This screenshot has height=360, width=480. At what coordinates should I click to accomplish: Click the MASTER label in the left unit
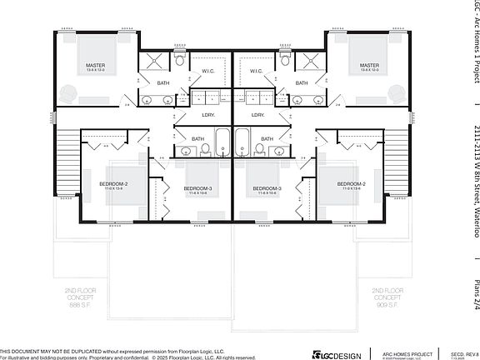click(93, 65)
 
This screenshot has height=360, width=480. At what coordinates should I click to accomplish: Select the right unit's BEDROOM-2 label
click(351, 183)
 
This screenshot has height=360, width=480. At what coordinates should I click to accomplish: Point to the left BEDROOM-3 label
click(197, 188)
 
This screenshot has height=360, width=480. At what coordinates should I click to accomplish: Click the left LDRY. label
click(208, 114)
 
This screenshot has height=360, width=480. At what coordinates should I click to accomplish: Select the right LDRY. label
click(257, 114)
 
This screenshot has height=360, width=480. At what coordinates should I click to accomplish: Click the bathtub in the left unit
click(222, 142)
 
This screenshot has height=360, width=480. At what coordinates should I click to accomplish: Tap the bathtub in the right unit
click(242, 142)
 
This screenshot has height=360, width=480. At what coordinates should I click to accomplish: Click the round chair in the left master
click(67, 92)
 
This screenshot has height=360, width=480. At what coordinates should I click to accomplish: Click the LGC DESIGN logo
click(336, 354)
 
